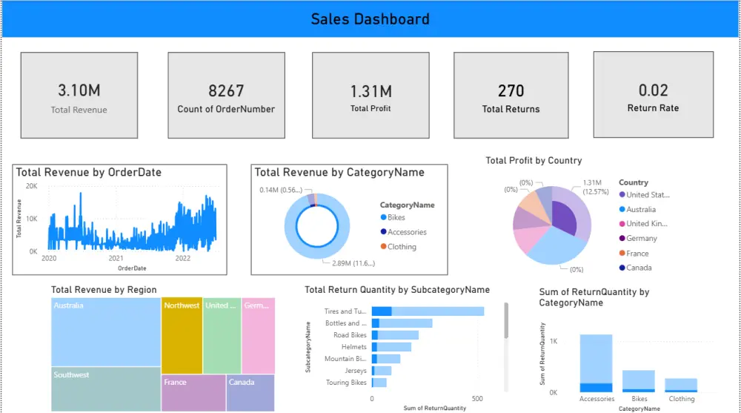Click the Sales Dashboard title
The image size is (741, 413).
(370, 19)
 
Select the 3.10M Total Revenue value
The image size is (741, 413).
(79, 90)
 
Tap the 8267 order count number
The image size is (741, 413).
(226, 90)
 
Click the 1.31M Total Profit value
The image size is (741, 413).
(370, 91)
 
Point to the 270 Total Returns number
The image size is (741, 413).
(511, 90)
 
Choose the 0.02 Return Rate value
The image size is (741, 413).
(653, 90)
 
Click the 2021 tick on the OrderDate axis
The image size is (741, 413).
(116, 259)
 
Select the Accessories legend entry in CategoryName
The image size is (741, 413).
(407, 232)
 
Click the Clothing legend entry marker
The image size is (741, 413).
(383, 247)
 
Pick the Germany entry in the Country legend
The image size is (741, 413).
(641, 239)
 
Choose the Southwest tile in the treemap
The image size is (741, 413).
(106, 389)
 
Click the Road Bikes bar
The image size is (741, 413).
(395, 335)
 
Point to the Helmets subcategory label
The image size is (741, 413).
(353, 347)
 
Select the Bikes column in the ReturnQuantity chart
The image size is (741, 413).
(638, 380)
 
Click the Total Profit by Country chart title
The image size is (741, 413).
(534, 160)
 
